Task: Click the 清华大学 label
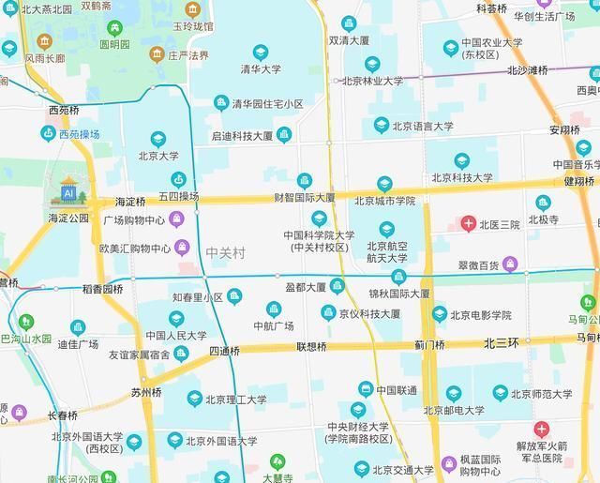point(260,69)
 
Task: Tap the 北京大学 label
point(158,157)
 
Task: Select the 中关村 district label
point(225,252)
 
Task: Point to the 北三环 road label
point(502,344)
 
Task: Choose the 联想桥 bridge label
point(311,347)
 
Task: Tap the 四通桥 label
point(224,352)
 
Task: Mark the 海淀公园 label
point(68,218)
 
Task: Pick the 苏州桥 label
point(146,393)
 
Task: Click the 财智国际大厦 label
point(304,198)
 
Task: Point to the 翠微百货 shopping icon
point(510,264)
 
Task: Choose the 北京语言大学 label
point(422,126)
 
